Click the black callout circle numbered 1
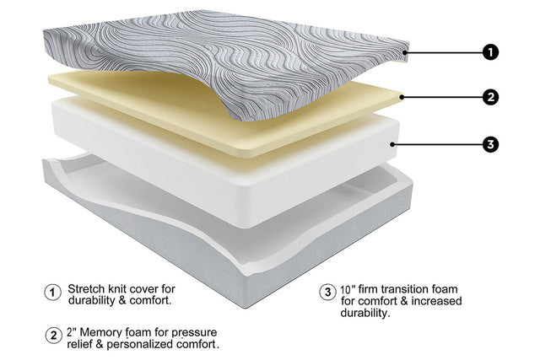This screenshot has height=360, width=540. pos(490,52)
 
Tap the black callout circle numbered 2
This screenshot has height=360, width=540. pos(490,98)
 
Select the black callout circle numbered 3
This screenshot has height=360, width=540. pos(490,144)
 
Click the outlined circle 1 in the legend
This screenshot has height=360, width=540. pos(52,293)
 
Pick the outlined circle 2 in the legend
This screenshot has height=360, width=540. pos(53,336)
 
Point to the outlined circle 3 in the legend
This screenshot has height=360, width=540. pos(327,293)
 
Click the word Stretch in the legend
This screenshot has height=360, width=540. pos(86,288)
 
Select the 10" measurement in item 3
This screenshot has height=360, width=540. pos(348,289)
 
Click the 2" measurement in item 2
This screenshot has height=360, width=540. pos(71,332)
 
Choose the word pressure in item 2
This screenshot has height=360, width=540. pos(194,333)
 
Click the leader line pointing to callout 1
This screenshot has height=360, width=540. pos(444,52)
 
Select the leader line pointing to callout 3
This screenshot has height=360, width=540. pos(437,144)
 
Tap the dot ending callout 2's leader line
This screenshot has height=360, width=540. pos(402,98)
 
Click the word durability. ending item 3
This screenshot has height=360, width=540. pos(365,313)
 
